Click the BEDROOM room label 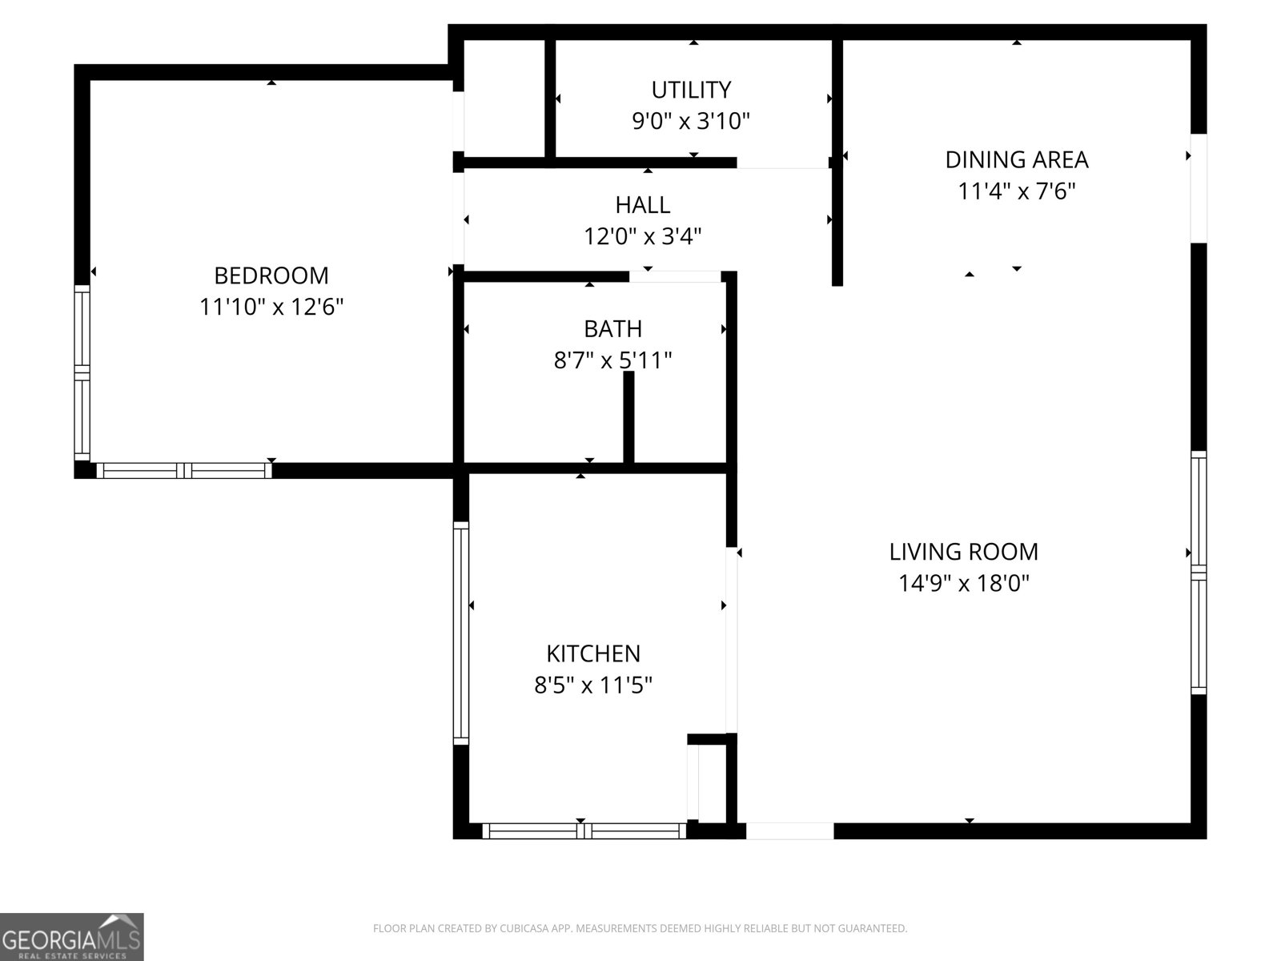click(x=271, y=275)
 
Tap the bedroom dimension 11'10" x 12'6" click(x=271, y=308)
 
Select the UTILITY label click(x=691, y=89)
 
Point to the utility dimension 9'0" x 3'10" click(x=691, y=122)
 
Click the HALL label click(x=643, y=205)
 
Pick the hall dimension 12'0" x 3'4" click(x=643, y=237)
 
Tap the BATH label click(x=612, y=329)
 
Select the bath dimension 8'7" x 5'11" click(x=612, y=361)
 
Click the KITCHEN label click(x=593, y=653)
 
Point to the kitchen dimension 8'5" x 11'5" click(x=593, y=686)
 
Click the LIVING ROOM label click(x=963, y=552)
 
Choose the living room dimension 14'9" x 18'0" click(x=963, y=584)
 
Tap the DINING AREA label click(x=1017, y=160)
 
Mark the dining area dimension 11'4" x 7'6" click(x=1017, y=192)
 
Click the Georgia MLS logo click(x=71, y=937)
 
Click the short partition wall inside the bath click(x=628, y=416)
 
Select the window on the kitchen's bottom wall click(x=584, y=831)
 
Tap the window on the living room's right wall click(x=1198, y=573)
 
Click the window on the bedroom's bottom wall click(x=184, y=471)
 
